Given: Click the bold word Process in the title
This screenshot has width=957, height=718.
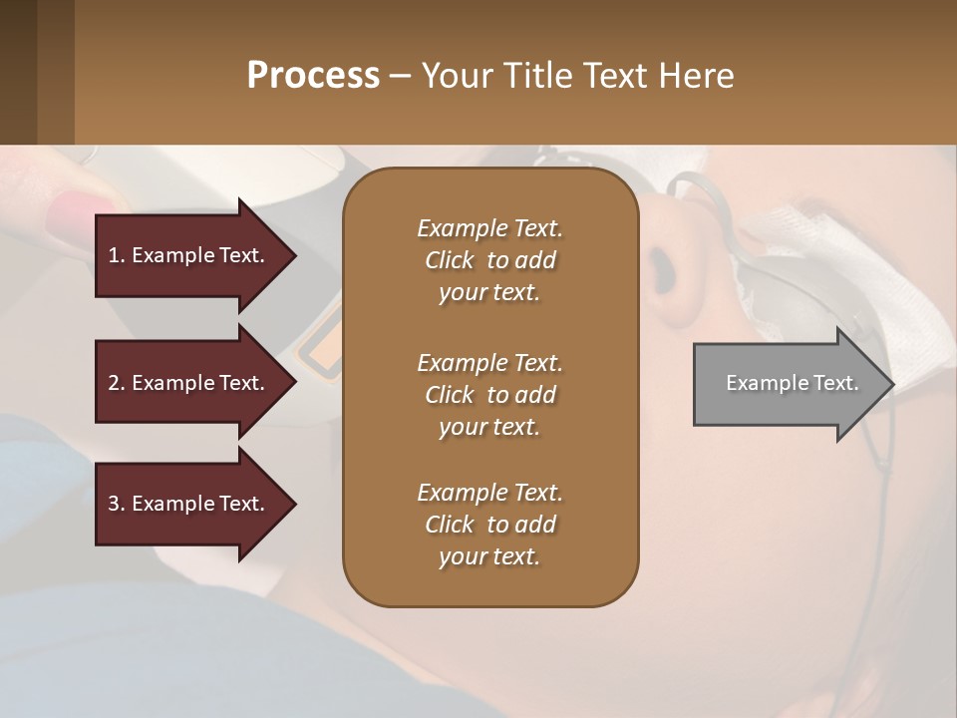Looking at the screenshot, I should [313, 76].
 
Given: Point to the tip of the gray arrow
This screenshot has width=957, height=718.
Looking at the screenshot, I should [892, 384].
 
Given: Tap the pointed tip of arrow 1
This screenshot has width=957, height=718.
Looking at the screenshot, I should [294, 255].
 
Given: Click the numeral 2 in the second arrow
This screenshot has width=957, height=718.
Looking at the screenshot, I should [114, 383].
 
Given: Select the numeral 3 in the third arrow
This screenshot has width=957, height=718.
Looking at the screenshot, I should [114, 504].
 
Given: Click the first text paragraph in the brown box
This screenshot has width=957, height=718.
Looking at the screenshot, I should [489, 260].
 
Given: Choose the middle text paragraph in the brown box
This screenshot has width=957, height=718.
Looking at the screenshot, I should [489, 394].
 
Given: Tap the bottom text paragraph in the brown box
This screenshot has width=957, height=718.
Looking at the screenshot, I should [489, 525].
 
